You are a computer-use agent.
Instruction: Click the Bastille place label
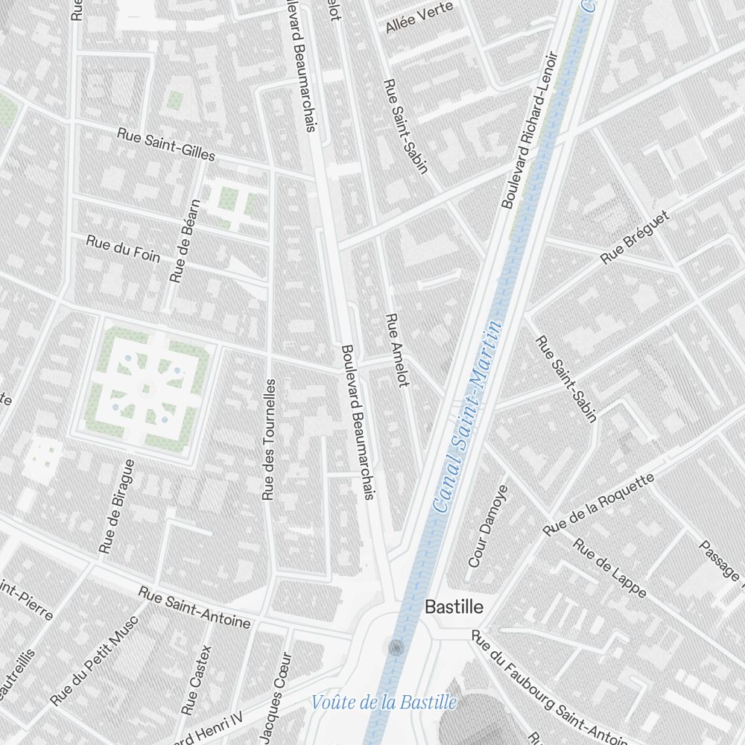click(x=454, y=607)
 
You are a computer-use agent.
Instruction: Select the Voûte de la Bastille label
click(x=384, y=702)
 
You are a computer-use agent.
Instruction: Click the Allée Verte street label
click(x=409, y=18)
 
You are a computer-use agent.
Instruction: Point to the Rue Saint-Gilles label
click(x=166, y=145)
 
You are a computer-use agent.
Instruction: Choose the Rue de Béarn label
click(x=186, y=241)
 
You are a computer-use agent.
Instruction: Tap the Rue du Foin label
click(x=123, y=247)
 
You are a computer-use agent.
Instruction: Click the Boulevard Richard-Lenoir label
click(x=529, y=130)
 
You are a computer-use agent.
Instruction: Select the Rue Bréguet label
click(x=635, y=237)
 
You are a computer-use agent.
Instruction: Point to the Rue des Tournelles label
click(x=269, y=439)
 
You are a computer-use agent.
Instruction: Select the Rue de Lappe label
click(x=609, y=567)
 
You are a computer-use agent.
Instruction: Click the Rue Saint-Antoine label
click(x=194, y=606)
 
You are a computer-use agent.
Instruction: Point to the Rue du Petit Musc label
click(x=94, y=661)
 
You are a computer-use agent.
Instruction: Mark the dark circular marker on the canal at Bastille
click(x=396, y=647)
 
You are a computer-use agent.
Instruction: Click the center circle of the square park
click(x=145, y=387)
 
